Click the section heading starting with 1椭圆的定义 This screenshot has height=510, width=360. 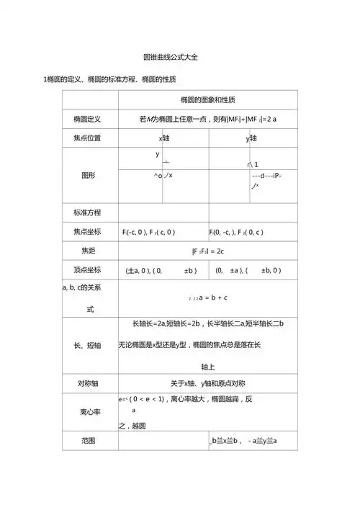tap(110, 78)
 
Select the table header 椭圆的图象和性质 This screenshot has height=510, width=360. tap(208, 99)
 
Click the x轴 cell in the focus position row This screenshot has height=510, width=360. tap(164, 138)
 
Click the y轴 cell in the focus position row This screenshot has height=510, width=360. tap(253, 138)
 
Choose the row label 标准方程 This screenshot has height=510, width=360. tap(87, 212)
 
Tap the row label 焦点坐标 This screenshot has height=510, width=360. tap(87, 231)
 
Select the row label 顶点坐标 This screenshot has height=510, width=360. tap(87, 270)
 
